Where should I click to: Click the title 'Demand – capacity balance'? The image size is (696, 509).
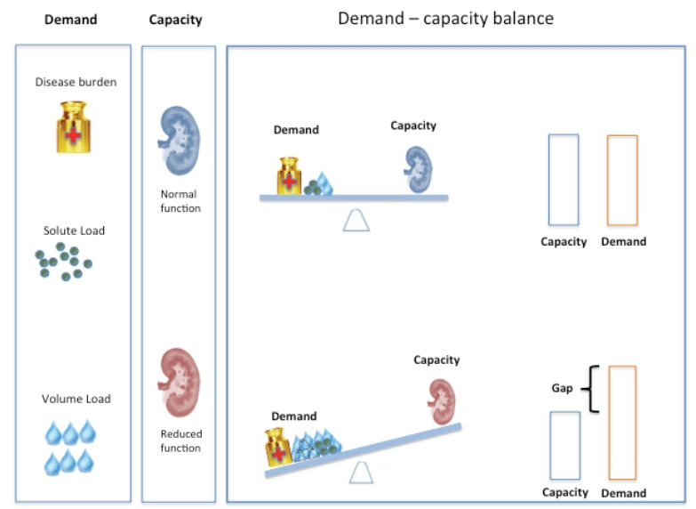445,18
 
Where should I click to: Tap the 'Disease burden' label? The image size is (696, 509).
76,83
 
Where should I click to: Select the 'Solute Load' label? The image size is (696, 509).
74,230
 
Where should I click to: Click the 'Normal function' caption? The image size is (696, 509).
179,201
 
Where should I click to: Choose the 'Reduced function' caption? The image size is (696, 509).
180,440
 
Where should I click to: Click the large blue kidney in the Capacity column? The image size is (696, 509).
180,141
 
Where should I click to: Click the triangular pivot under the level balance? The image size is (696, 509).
356,219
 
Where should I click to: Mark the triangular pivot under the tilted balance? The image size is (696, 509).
360,472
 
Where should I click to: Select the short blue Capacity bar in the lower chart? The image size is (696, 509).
564,446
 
